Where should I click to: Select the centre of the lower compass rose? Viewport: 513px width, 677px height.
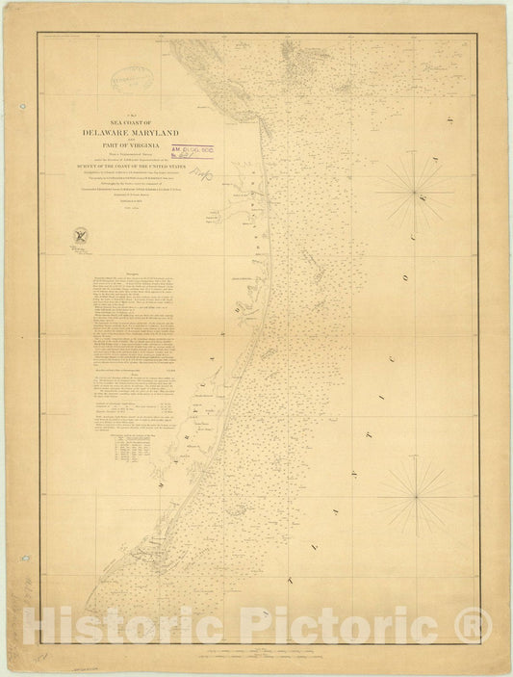click(x=416, y=498)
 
